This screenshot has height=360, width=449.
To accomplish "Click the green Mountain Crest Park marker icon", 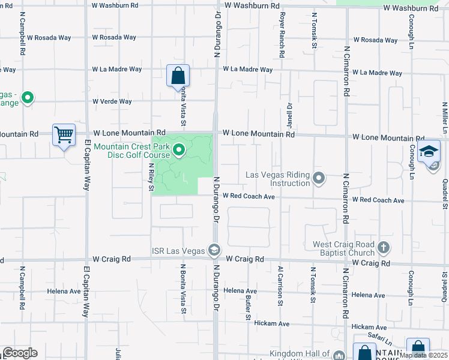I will coord(179,150).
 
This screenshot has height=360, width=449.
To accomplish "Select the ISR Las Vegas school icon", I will coord(214,250).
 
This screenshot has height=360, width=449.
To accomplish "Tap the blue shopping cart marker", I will coord(63,135).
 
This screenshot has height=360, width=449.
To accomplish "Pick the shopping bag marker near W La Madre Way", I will coord(178,76).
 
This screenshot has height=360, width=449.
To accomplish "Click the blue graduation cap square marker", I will coord(429,151).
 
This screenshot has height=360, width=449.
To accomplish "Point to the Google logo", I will coord(19,353).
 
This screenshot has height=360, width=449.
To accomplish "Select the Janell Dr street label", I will coord(289,113).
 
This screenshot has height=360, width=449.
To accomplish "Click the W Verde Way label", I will coord(112,101).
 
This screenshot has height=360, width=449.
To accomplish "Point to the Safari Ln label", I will coord(380,336).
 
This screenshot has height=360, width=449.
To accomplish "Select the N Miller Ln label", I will coord(446,118).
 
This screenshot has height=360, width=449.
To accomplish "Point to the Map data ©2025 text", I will coord(424,355).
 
